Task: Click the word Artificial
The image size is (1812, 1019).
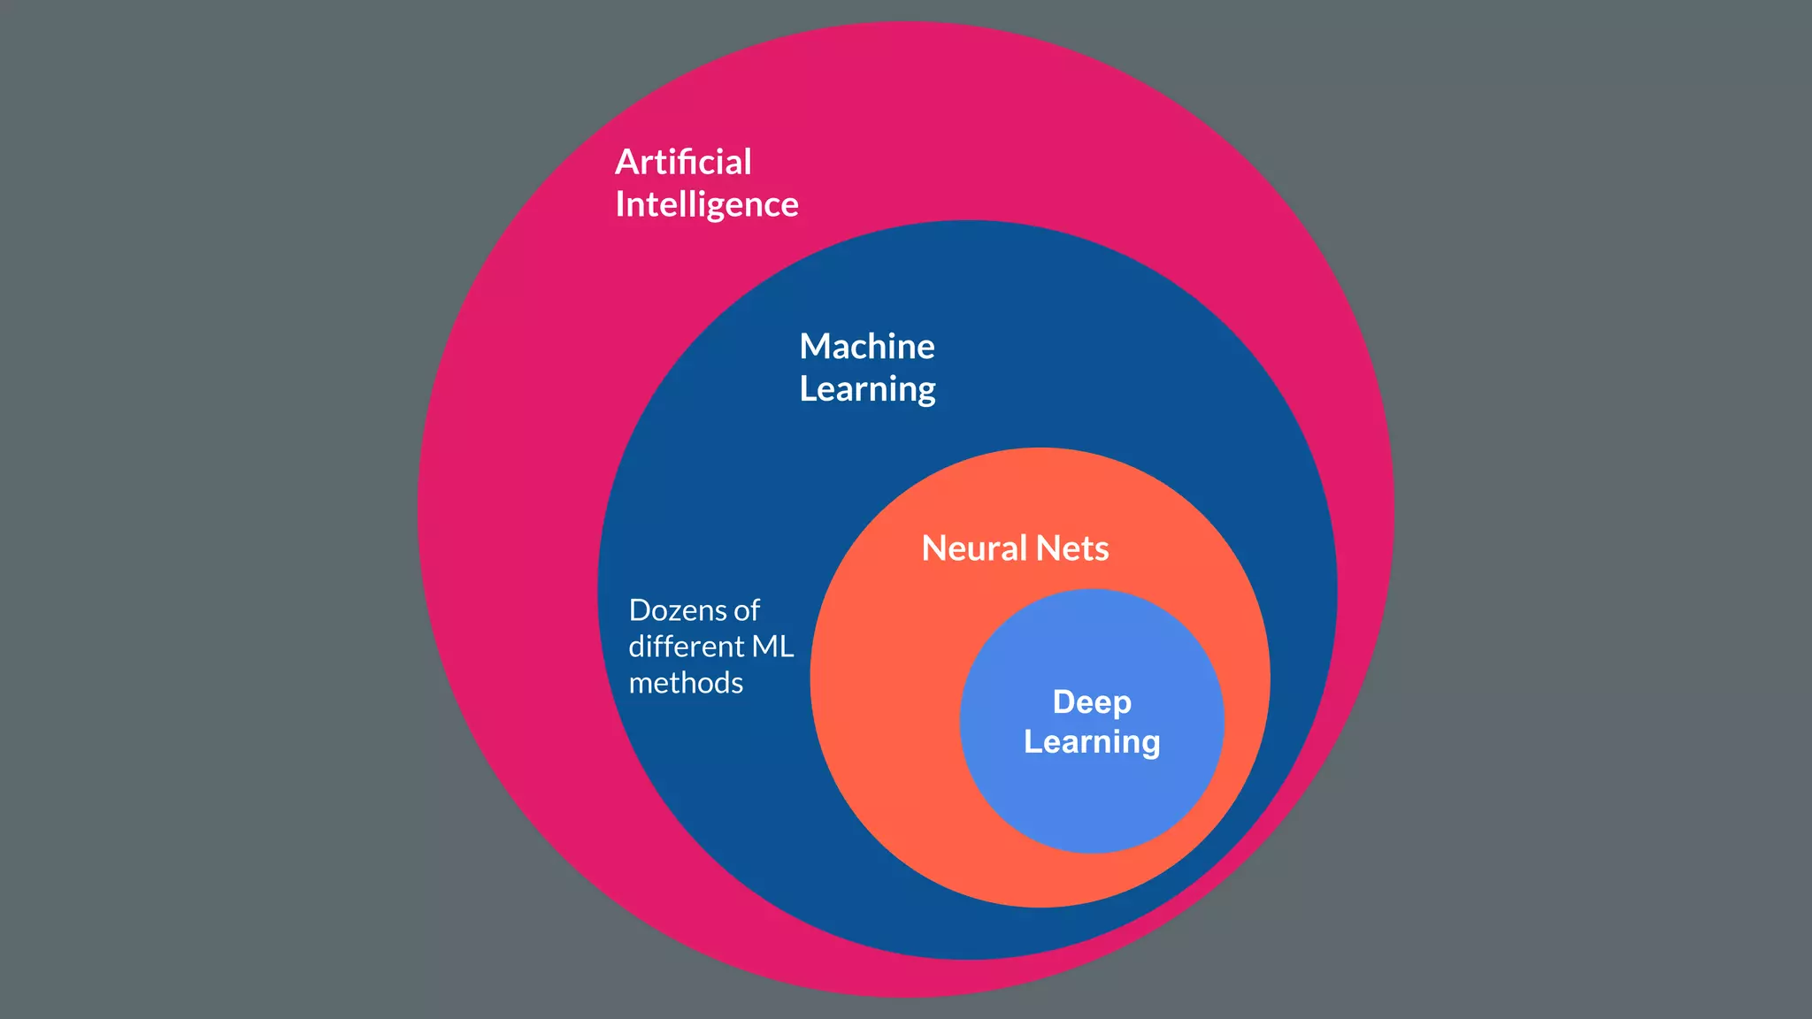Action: pyautogui.click(x=683, y=163)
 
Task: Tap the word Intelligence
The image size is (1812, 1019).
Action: pyautogui.click(x=706, y=205)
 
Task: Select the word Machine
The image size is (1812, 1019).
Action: pyautogui.click(x=866, y=347)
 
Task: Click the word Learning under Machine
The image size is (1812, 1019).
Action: pyautogui.click(x=866, y=389)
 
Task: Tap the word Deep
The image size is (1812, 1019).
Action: pyautogui.click(x=1092, y=702)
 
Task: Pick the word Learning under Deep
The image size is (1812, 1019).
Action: pyautogui.click(x=1092, y=742)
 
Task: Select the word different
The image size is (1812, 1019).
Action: pyautogui.click(x=687, y=647)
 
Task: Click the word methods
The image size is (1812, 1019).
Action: pyautogui.click(x=686, y=683)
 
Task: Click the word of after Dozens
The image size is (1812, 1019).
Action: pyautogui.click(x=747, y=610)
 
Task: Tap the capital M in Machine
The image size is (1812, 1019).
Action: pyautogui.click(x=814, y=347)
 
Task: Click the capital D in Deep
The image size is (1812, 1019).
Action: pyautogui.click(x=1063, y=702)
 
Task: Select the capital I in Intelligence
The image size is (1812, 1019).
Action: pyautogui.click(x=619, y=205)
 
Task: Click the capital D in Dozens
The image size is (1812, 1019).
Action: pyautogui.click(x=638, y=610)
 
